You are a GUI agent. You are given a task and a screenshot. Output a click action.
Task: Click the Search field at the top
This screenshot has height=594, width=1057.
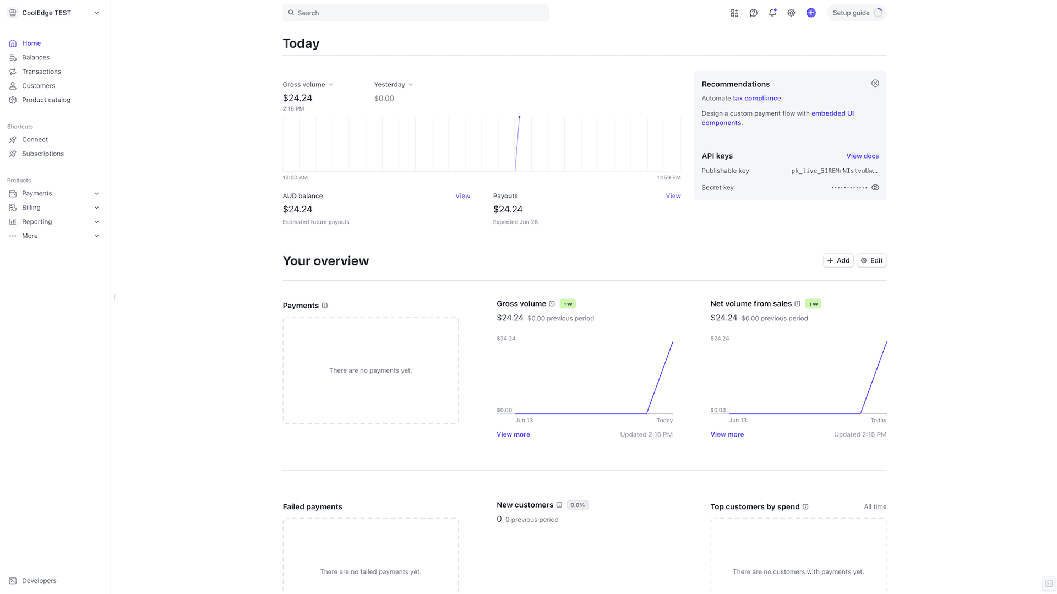pyautogui.click(x=416, y=13)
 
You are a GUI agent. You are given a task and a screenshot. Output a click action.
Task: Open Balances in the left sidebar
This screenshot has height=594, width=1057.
pyautogui.click(x=36, y=57)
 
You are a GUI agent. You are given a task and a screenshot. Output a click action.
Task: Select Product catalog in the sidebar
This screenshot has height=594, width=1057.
pyautogui.click(x=46, y=100)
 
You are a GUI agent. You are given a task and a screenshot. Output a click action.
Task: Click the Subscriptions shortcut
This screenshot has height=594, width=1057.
pyautogui.click(x=43, y=154)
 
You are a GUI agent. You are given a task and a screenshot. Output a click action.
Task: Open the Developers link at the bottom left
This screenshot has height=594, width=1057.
pyautogui.click(x=39, y=580)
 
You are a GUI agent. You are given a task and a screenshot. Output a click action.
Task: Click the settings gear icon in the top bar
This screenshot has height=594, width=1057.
pyautogui.click(x=791, y=13)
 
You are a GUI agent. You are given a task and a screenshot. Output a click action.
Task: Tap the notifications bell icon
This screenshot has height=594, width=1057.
pyautogui.click(x=772, y=13)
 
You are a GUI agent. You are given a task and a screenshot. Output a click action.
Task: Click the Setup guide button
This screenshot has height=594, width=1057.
pyautogui.click(x=856, y=13)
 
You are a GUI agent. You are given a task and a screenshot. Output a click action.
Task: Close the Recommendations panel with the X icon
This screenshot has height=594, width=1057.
pyautogui.click(x=875, y=83)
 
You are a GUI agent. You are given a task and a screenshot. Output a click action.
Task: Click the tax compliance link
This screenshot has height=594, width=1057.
pyautogui.click(x=756, y=98)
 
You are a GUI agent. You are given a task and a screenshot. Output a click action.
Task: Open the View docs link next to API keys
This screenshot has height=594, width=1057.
pyautogui.click(x=862, y=156)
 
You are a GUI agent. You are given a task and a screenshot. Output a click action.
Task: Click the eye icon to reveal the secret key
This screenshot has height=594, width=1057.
pyautogui.click(x=875, y=187)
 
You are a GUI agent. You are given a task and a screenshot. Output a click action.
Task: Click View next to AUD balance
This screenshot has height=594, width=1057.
pyautogui.click(x=462, y=196)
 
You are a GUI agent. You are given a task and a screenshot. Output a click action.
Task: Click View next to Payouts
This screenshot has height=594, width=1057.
pyautogui.click(x=673, y=196)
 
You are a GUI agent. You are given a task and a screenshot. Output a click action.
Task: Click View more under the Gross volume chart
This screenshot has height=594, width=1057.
pyautogui.click(x=513, y=434)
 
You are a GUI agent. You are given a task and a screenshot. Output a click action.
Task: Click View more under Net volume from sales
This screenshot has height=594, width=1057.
pyautogui.click(x=727, y=434)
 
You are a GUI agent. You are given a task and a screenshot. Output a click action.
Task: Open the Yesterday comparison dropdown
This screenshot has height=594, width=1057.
pyautogui.click(x=394, y=84)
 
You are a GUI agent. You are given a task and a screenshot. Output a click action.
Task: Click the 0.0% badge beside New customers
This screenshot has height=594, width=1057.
pyautogui.click(x=577, y=505)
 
